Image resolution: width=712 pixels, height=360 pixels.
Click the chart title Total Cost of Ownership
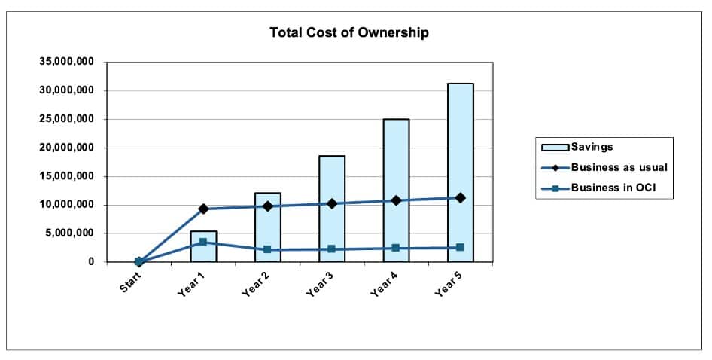click(349, 33)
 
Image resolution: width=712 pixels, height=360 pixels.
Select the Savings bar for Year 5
click(460, 151)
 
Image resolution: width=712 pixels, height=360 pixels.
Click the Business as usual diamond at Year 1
click(203, 209)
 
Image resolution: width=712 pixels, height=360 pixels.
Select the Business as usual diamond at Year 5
click(460, 197)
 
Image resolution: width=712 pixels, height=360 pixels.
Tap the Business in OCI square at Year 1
click(203, 242)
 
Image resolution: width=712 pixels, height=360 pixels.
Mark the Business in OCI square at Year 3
click(332, 249)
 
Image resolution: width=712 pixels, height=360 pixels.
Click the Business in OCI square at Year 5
click(460, 247)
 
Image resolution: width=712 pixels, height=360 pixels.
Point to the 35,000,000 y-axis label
click(67, 62)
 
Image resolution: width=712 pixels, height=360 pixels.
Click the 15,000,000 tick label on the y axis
click(67, 176)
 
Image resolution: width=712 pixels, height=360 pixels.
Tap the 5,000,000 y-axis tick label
click(70, 233)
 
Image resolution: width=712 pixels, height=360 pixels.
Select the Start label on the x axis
click(129, 284)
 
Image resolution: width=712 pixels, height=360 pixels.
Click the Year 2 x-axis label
click(255, 285)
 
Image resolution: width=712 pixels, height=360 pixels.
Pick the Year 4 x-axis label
click(384, 285)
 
